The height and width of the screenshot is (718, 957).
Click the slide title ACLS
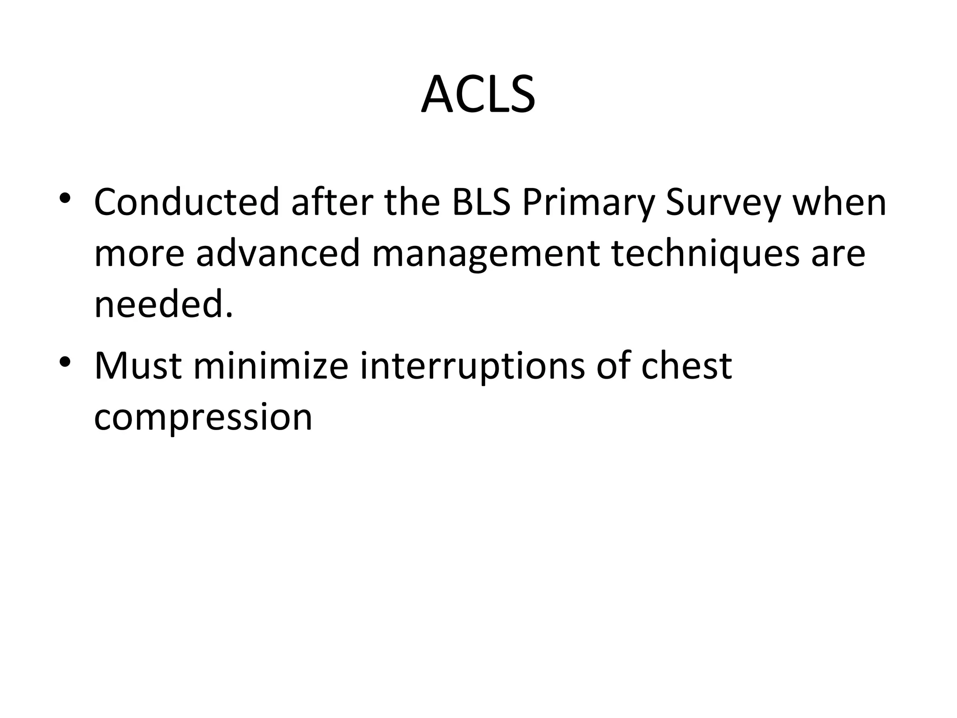point(478,95)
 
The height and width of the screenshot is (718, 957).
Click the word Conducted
point(186,202)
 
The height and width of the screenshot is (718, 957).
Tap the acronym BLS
point(481,202)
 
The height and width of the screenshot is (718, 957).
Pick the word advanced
point(278,253)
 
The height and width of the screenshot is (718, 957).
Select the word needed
point(163,304)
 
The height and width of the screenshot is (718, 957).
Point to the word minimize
point(271,366)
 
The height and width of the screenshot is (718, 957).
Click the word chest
point(686,366)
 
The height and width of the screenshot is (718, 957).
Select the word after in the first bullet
point(332,202)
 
